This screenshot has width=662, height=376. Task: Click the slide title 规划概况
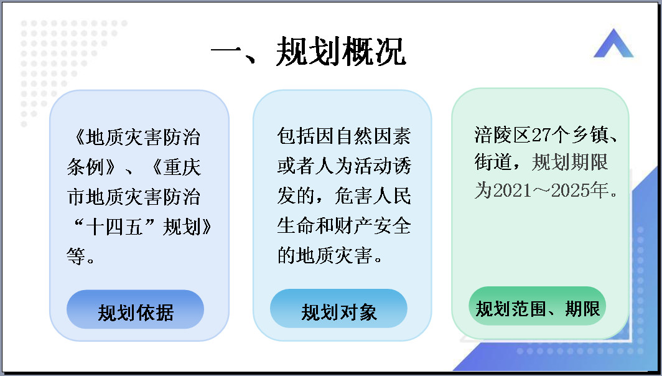[341, 52]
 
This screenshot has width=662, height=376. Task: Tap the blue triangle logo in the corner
[613, 43]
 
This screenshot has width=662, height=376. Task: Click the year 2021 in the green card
[511, 190]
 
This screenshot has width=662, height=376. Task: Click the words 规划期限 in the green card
[569, 162]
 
